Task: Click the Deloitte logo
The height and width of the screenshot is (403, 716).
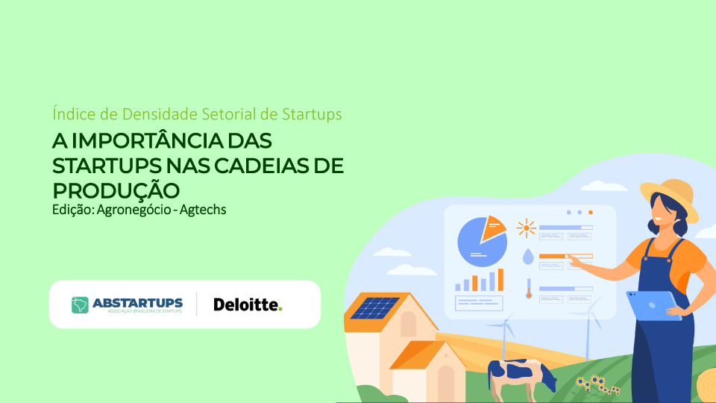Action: click(248, 304)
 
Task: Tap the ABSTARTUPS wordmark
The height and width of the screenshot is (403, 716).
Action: click(137, 303)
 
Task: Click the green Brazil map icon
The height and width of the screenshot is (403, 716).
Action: click(80, 304)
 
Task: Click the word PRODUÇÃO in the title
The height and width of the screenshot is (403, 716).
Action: click(116, 190)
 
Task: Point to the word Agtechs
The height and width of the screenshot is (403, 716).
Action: click(203, 210)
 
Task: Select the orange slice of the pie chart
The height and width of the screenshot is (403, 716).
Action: click(492, 228)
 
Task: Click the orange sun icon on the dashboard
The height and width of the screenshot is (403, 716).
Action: click(526, 228)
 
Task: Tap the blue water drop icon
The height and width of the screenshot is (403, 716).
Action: click(528, 257)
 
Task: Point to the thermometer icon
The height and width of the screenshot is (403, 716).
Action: click(529, 289)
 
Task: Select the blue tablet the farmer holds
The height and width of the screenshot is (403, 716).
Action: click(653, 304)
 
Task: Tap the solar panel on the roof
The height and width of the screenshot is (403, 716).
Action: click(375, 308)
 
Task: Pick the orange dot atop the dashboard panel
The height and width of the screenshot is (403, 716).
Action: click(591, 213)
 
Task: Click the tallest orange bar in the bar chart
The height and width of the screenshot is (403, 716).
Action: click(500, 280)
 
